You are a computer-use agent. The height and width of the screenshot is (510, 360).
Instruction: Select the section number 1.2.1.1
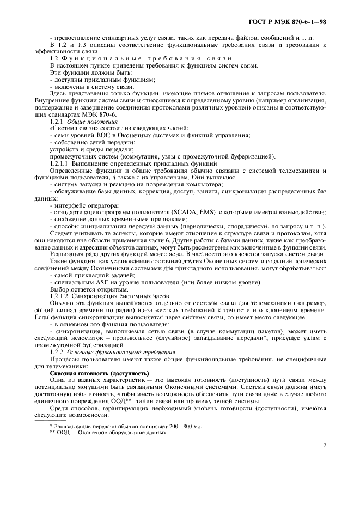[60, 163]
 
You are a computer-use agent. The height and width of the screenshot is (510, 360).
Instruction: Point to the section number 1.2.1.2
[60, 294]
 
